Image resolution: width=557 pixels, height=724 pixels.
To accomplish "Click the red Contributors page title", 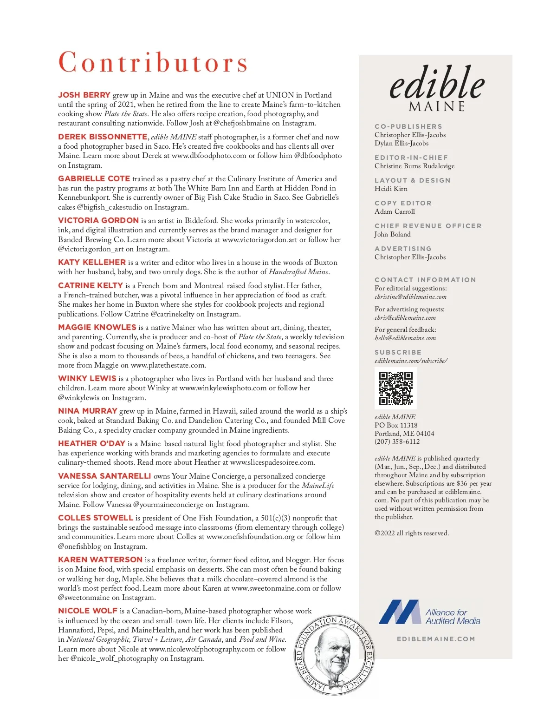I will click(153, 63).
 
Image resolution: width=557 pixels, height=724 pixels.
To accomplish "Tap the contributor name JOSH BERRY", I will click(84, 95).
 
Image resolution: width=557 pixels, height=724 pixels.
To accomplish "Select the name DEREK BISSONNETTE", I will click(103, 137).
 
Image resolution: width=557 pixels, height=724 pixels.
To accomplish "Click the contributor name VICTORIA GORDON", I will click(98, 220).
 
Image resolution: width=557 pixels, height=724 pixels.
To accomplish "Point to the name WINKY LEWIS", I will click(87, 378).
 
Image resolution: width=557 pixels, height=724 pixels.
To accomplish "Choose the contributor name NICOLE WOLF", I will click(88, 611).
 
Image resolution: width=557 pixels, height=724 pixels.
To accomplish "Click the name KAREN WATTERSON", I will click(100, 559).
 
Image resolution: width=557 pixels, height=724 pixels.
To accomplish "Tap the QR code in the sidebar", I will click(395, 388).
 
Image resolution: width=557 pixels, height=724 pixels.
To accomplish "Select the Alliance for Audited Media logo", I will click(429, 612).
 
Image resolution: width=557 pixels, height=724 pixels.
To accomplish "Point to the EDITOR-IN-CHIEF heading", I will click(411, 158).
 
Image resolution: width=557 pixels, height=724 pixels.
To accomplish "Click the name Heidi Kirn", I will click(391, 189).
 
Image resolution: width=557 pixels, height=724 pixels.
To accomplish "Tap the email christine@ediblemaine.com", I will click(410, 296).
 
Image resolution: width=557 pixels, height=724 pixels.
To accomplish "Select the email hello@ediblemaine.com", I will click(405, 338).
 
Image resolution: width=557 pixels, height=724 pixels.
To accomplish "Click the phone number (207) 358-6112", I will click(397, 441).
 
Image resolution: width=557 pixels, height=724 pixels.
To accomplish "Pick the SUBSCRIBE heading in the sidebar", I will click(398, 352).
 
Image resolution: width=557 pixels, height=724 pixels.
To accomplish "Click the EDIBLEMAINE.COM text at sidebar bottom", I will click(436, 639).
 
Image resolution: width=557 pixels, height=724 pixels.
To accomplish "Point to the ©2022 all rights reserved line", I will click(412, 533).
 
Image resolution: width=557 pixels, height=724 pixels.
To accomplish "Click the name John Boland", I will click(393, 234).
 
